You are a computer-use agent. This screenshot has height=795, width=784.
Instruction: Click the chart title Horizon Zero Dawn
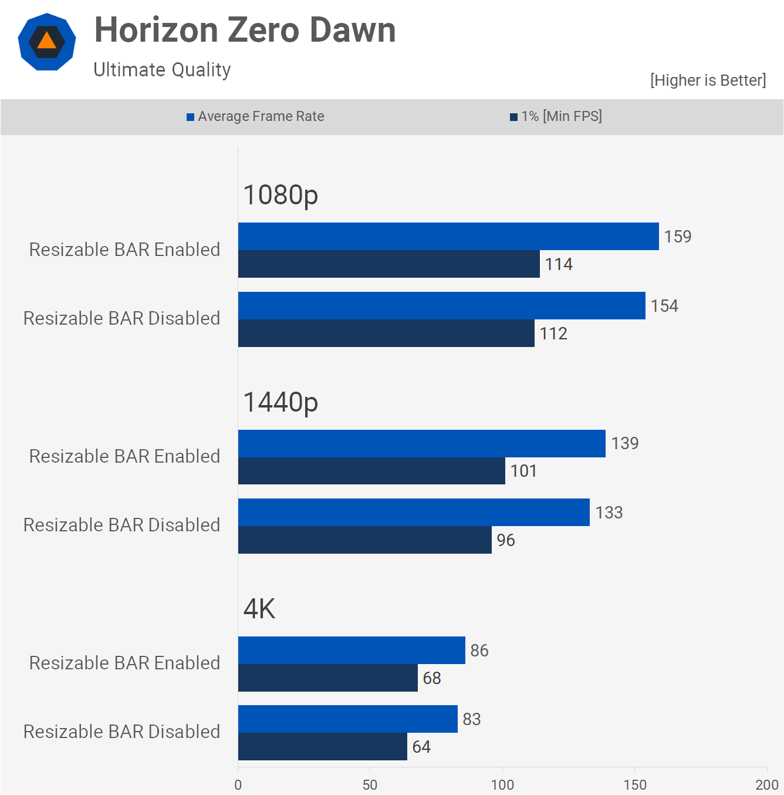[245, 30]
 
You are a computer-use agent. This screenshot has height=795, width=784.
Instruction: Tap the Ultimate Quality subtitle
[162, 70]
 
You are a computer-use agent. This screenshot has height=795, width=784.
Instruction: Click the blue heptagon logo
[47, 42]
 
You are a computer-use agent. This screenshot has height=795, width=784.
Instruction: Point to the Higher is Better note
[708, 80]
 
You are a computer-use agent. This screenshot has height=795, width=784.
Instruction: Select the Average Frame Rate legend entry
[255, 116]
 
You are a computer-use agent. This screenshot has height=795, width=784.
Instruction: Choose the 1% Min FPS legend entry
[556, 116]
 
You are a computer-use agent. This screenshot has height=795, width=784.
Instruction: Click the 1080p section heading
[281, 195]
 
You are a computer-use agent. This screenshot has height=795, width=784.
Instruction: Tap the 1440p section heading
[281, 402]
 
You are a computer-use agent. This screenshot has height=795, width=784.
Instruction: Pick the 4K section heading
[259, 609]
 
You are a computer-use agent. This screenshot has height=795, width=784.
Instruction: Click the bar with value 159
[448, 236]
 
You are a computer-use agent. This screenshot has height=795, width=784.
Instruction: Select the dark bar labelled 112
[386, 333]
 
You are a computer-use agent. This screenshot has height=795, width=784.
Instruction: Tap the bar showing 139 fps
[421, 443]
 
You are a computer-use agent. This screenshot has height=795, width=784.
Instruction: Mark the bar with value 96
[364, 540]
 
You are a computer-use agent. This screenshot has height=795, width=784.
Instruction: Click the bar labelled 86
[352, 650]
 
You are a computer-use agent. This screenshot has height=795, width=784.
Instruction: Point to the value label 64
[421, 747]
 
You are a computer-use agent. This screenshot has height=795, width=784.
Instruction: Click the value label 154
[664, 306]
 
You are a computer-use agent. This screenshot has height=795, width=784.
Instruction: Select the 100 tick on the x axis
[502, 784]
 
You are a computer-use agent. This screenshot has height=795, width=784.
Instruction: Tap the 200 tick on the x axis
[766, 784]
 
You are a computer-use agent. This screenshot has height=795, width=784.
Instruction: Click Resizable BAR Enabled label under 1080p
[124, 250]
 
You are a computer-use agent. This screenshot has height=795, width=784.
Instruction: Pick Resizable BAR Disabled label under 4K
[121, 732]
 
